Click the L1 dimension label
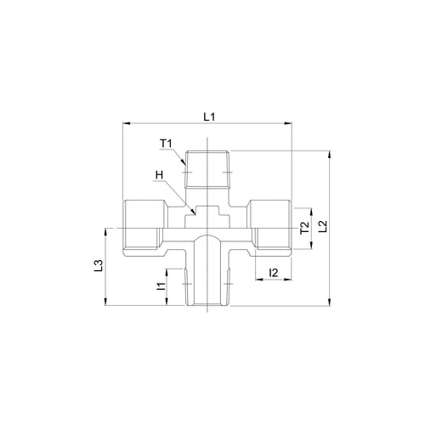209,116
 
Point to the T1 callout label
166,144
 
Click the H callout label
160,175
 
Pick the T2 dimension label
305,228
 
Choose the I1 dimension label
161,286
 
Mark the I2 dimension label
274,273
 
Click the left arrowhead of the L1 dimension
126,123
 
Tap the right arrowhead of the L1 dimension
288,123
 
